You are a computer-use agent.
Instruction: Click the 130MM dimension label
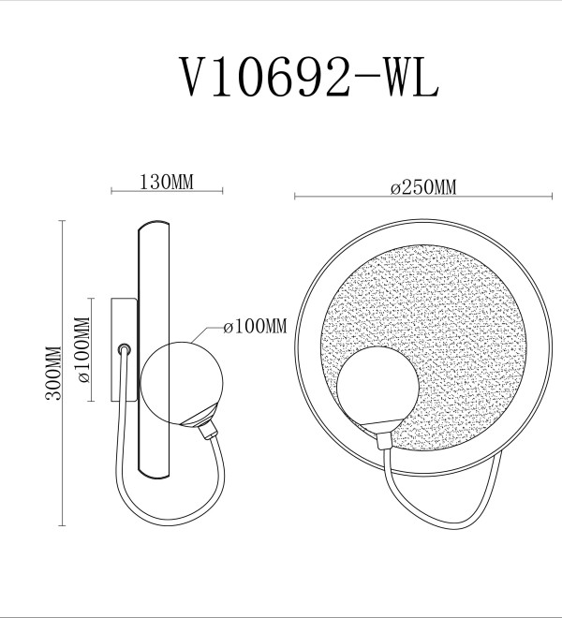coord(167,182)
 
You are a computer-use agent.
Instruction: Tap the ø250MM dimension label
coord(423,187)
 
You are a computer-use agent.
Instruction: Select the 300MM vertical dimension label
coord(53,374)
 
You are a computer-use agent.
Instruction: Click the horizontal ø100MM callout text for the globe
coord(255,327)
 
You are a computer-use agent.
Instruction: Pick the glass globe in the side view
coord(182,383)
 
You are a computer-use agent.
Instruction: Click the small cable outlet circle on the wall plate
coord(125,349)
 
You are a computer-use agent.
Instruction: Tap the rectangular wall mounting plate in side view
coord(125,349)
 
